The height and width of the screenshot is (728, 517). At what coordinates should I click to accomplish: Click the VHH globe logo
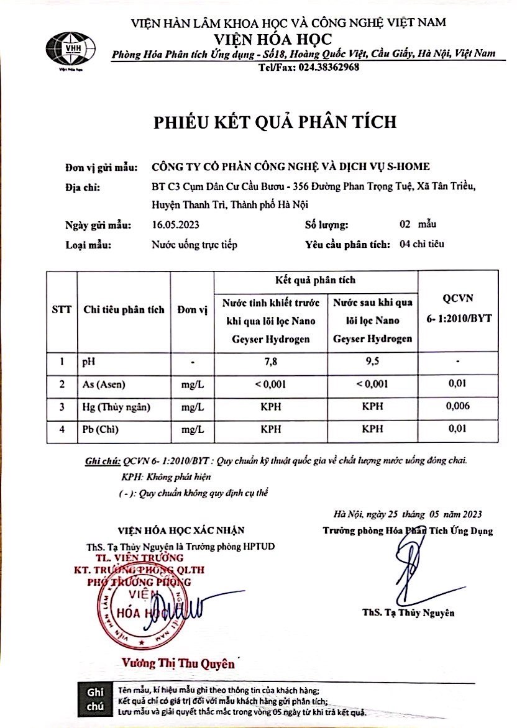(x=70, y=47)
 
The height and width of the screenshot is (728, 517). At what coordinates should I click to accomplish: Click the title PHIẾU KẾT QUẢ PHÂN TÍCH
(x=275, y=121)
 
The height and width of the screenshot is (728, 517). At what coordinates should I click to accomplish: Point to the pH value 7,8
(x=270, y=361)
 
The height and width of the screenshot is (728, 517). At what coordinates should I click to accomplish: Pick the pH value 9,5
(x=371, y=361)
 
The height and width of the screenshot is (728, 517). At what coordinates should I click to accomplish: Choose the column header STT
(x=62, y=309)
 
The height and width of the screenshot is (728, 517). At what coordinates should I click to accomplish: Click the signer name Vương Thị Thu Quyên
(x=178, y=663)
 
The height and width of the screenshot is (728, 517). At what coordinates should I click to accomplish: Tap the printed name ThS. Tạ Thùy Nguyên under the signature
(x=408, y=613)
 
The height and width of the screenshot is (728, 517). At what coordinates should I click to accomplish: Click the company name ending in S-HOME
(x=290, y=166)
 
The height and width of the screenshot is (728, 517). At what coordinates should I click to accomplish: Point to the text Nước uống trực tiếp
(x=194, y=244)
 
